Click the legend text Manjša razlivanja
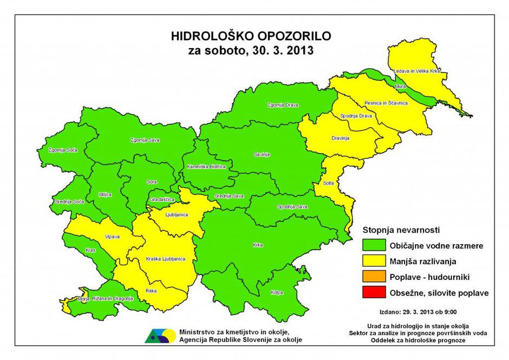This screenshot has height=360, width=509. click(423, 261)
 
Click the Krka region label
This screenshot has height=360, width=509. click(258, 245)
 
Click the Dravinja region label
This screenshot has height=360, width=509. click(340, 139)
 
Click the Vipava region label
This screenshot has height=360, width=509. click(113, 237)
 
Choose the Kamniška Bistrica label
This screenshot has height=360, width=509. click(206, 166)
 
